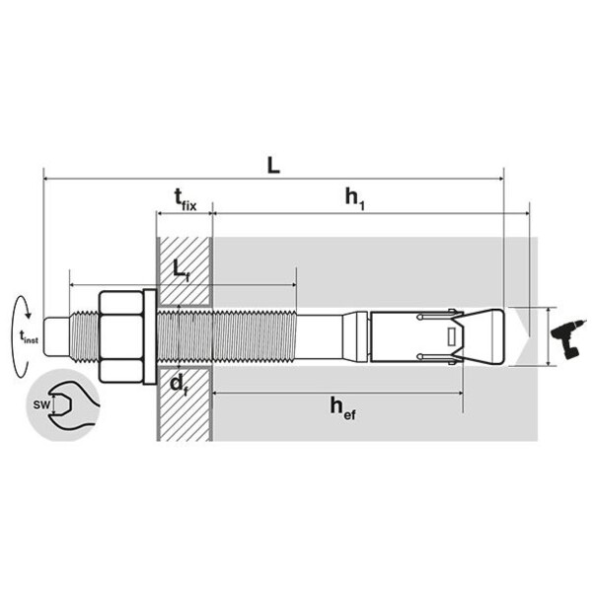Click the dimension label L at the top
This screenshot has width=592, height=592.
tap(273, 166)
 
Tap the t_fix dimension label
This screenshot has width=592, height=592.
tap(185, 199)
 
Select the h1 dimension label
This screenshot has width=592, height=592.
tap(355, 198)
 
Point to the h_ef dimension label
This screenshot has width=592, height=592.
tap(342, 408)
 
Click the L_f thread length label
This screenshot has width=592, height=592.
tap(181, 269)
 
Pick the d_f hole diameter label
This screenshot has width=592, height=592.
tap(179, 385)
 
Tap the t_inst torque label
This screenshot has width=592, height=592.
tap(29, 336)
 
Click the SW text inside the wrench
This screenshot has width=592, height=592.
tap(41, 406)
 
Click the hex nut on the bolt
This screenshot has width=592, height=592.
tap(121, 336)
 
